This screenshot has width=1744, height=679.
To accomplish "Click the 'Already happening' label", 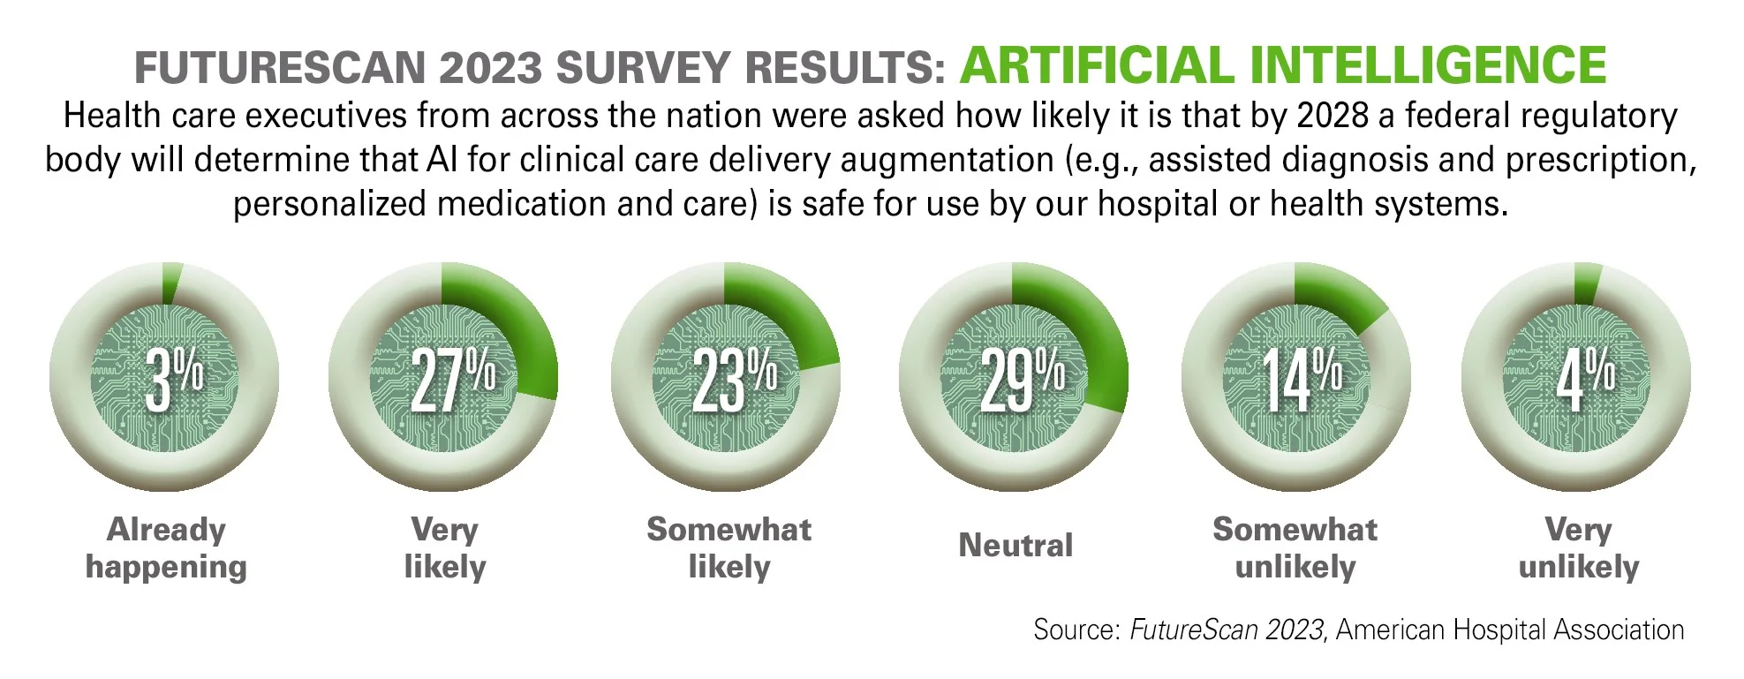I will (x=166, y=547).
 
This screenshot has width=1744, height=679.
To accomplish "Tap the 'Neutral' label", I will (x=1015, y=546).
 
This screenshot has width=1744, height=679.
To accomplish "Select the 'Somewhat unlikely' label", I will (x=1295, y=547).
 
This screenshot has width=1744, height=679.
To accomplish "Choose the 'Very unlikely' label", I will (x=1578, y=547).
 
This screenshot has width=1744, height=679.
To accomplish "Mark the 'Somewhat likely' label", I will (x=729, y=547).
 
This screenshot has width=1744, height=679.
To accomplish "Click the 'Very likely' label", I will (x=445, y=547).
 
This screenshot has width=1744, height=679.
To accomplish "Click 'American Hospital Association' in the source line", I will (x=1510, y=630).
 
